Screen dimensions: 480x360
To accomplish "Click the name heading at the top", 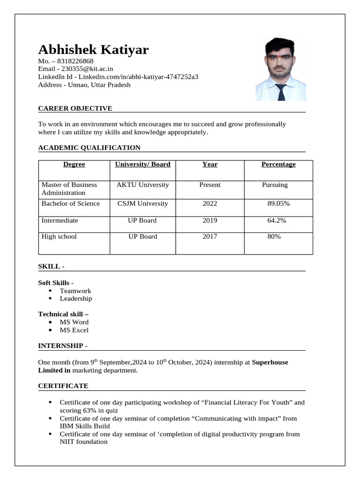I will pyautogui.click(x=93, y=50).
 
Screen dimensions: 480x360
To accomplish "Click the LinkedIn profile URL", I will pyautogui.click(x=138, y=77).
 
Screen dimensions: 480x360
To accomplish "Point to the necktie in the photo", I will pyautogui.click(x=281, y=92).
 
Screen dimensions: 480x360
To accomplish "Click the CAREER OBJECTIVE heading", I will pyautogui.click(x=75, y=109).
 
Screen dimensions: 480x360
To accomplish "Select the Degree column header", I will pyautogui.click(x=74, y=165).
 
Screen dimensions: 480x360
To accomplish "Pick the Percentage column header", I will pyautogui.click(x=278, y=165).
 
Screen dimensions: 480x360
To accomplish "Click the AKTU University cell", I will pyautogui.click(x=142, y=185).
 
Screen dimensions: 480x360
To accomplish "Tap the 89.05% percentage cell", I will pyautogui.click(x=278, y=204).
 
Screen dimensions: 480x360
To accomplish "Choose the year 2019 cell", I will pyautogui.click(x=210, y=221).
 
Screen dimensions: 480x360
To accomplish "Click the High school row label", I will pyautogui.click(x=59, y=237).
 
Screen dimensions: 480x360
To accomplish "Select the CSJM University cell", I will pyautogui.click(x=142, y=204).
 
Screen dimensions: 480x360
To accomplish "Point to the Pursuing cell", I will pyautogui.click(x=275, y=185).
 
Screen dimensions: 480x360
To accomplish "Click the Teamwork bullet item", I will pyautogui.click(x=75, y=291).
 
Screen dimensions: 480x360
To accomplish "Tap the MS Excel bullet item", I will pyautogui.click(x=74, y=330).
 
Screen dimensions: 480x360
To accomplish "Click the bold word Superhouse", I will pyautogui.click(x=270, y=362).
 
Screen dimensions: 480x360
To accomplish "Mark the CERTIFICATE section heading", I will pyautogui.click(x=63, y=386).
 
